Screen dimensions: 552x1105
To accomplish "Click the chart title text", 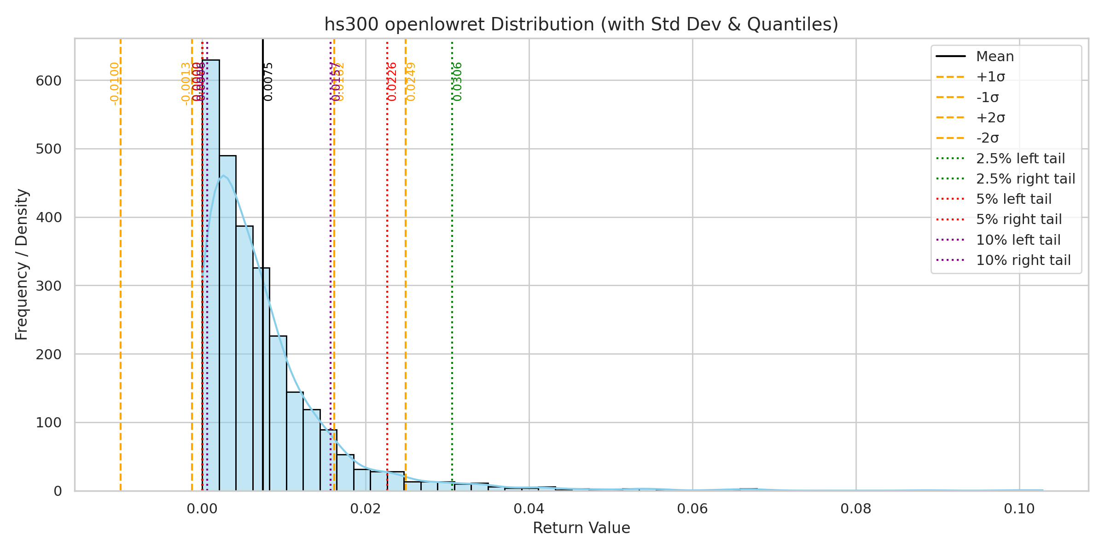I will click(x=581, y=24).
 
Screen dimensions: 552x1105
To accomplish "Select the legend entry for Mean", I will click(x=995, y=57).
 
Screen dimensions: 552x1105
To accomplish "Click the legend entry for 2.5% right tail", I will click(x=1025, y=178).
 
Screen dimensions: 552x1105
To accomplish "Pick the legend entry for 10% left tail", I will click(x=1018, y=240).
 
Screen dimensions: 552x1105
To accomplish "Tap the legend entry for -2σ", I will click(x=987, y=138).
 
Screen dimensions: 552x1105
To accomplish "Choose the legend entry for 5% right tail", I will click(x=1019, y=219).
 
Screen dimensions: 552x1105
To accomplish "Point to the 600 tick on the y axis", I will click(x=49, y=81).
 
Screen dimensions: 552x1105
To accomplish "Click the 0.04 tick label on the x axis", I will click(x=529, y=509).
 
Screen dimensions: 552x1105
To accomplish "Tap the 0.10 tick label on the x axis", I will click(x=1019, y=509).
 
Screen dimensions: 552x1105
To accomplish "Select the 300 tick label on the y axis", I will click(x=49, y=286).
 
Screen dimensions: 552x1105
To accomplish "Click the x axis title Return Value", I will click(x=581, y=528).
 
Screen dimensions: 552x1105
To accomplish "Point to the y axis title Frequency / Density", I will click(x=22, y=264).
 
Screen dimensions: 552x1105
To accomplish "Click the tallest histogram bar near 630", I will click(x=211, y=276).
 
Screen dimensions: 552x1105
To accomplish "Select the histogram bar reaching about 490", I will click(x=227, y=322).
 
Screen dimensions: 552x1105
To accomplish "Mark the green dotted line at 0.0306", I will click(x=452, y=276).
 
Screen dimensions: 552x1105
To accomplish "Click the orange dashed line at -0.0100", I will click(x=121, y=276).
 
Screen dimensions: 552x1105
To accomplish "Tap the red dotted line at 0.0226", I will click(x=387, y=276).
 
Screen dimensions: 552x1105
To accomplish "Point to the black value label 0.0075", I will click(x=268, y=81).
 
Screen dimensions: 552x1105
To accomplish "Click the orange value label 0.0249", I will click(x=411, y=81).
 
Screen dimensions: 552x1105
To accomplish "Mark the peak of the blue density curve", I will click(x=223, y=175).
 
